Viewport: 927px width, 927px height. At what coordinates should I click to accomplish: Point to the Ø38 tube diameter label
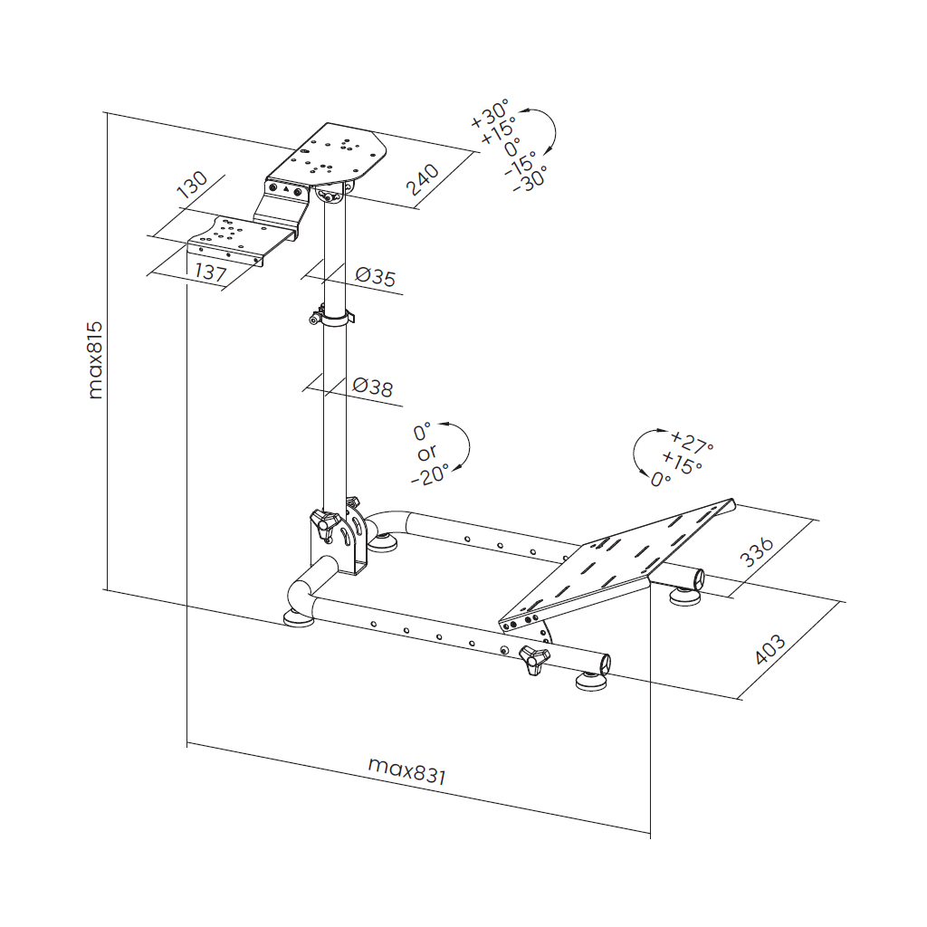[x=372, y=388]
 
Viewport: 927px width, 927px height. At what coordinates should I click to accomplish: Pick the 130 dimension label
[x=192, y=184]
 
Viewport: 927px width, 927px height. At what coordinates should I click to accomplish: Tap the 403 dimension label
[x=769, y=649]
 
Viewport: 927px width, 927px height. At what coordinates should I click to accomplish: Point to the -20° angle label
[x=429, y=474]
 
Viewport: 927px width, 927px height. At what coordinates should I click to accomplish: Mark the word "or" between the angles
[x=425, y=453]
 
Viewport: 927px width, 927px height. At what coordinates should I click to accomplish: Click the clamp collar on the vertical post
[x=331, y=317]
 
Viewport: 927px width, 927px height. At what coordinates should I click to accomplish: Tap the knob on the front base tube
[x=534, y=660]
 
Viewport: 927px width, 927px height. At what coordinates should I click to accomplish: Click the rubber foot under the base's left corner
[x=299, y=618]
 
